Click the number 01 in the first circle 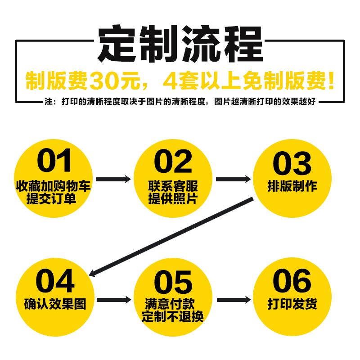tap(54, 161)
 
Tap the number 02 tap(173, 161)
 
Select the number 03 tap(292, 163)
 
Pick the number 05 tap(173, 283)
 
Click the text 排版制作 tap(292, 186)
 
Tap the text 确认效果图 tap(54, 303)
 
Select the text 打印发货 tap(292, 304)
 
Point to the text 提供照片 tap(173, 198)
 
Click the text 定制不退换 tap(173, 316)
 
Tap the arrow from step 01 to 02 tap(113, 179)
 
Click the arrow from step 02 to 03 tap(233, 179)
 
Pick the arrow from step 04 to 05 tap(113, 300)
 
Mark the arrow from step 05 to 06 tap(233, 300)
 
